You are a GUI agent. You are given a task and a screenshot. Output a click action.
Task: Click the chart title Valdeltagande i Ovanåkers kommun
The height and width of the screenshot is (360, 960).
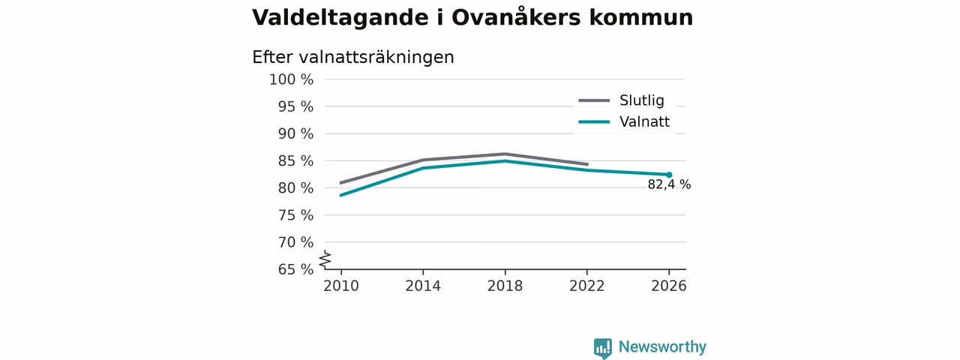(x=472, y=17)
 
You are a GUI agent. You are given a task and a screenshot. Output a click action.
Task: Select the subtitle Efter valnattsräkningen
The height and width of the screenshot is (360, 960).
(x=352, y=58)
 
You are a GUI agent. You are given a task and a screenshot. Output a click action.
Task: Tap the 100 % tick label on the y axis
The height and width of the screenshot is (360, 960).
(x=292, y=79)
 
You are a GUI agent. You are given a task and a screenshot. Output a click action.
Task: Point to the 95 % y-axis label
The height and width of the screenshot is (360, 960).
(x=295, y=106)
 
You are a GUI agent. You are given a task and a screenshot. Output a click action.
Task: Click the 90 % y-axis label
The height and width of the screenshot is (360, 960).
(x=295, y=133)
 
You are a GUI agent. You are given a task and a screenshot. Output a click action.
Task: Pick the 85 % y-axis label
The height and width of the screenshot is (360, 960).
(x=295, y=161)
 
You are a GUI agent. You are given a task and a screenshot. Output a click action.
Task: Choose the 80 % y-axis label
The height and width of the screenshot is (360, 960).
(x=295, y=188)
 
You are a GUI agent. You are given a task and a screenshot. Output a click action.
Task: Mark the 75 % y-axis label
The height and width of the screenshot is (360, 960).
(x=295, y=215)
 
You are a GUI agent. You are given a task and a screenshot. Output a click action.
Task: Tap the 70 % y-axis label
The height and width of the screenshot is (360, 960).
(x=295, y=242)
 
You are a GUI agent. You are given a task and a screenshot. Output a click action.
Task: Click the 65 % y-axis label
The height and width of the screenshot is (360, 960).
(x=295, y=269)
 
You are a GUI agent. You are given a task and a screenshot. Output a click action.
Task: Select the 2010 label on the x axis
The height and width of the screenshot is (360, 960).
(x=341, y=286)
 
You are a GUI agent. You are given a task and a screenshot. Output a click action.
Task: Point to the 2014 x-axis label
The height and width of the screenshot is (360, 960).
(x=423, y=286)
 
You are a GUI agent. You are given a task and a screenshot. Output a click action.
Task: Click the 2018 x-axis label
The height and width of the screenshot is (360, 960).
(x=505, y=286)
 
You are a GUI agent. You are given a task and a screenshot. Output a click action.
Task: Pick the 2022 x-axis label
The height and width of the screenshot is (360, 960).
(x=586, y=286)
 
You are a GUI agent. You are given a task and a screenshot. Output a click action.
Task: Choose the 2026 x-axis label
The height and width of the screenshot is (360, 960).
(x=668, y=286)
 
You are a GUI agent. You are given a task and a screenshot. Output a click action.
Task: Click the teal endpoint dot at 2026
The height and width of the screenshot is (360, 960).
(x=669, y=175)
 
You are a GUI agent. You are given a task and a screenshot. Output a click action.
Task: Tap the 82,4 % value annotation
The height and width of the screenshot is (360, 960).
(x=669, y=184)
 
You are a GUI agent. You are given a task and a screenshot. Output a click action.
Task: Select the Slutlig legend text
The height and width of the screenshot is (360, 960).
(x=641, y=100)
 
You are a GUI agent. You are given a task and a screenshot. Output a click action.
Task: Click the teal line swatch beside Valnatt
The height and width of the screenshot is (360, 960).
(x=594, y=122)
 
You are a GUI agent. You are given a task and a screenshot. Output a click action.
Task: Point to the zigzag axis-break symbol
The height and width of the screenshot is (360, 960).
(x=325, y=259)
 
